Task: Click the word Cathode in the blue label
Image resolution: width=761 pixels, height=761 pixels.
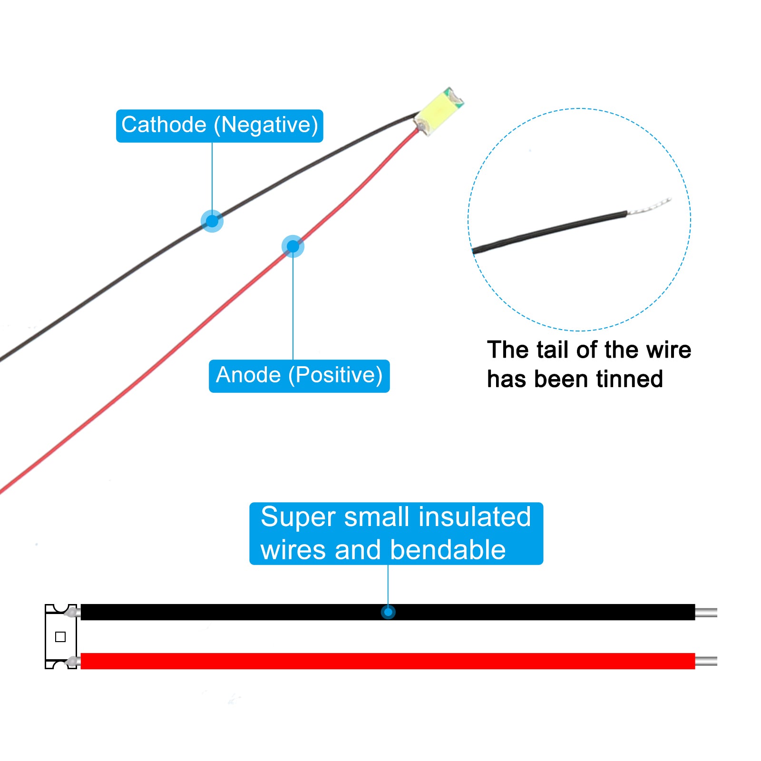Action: [x=164, y=125]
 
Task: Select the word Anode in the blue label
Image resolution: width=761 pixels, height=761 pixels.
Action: [x=248, y=375]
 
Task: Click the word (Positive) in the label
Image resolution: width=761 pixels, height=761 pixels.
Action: [x=335, y=376]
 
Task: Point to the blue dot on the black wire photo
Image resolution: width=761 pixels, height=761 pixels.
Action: [x=212, y=221]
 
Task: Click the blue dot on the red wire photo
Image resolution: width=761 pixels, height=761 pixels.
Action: [x=293, y=246]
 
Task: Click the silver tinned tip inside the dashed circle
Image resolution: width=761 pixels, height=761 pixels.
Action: [x=650, y=206]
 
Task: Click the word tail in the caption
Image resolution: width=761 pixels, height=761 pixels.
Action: [x=553, y=350]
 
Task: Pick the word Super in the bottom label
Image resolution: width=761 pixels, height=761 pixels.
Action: [x=298, y=517]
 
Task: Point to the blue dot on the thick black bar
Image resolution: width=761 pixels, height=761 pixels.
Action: [x=388, y=612]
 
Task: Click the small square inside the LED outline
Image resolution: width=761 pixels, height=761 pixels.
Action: [x=60, y=637]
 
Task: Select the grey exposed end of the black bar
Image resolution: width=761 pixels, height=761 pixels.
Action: [x=706, y=612]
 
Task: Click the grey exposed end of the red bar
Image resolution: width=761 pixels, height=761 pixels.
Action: [x=706, y=661]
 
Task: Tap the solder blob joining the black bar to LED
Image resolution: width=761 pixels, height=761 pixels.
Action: [x=72, y=612]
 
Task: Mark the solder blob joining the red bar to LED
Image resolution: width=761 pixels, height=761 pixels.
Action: [x=72, y=661]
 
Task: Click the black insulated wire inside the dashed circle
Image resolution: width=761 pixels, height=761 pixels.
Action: [x=550, y=232]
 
